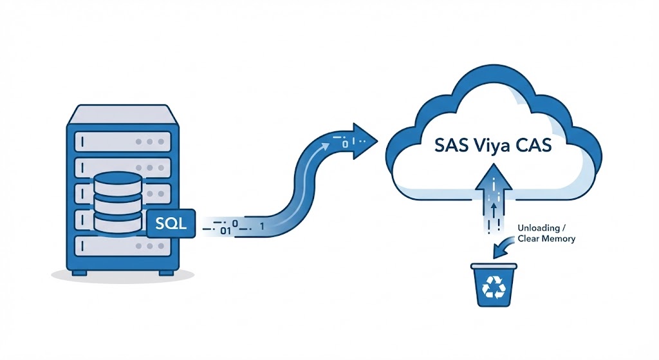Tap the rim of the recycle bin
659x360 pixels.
click(494, 266)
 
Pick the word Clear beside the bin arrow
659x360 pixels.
click(529, 239)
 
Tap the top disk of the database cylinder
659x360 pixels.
click(116, 179)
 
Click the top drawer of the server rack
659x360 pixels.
click(122, 140)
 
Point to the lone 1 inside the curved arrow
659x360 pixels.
click(261, 227)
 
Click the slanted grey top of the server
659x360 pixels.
click(122, 114)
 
